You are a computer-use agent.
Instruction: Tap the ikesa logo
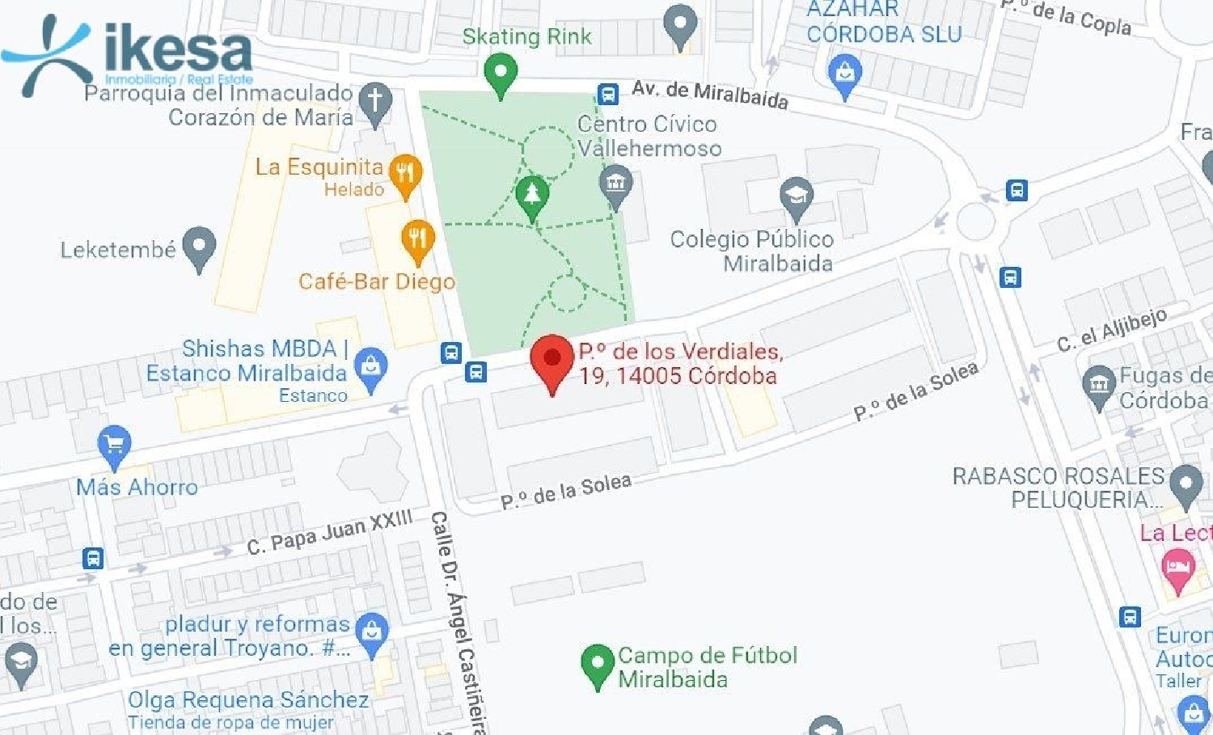pos(129,53)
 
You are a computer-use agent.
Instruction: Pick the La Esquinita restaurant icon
pos(406,174)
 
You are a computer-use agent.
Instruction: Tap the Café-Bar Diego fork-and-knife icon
pos(417,239)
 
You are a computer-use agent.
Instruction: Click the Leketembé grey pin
pos(199,246)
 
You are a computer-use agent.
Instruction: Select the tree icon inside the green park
pos(531,195)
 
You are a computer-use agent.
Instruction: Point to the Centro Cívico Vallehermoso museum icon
pos(615,183)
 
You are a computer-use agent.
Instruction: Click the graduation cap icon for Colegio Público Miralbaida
pos(796,196)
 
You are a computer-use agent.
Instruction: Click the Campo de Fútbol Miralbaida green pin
pos(597,664)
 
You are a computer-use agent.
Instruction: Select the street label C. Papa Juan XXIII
pos(330,533)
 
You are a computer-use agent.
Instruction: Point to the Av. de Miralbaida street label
pos(710,94)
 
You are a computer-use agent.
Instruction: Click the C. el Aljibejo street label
pos(1113,329)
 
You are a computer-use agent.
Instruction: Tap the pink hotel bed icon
pos(1177,566)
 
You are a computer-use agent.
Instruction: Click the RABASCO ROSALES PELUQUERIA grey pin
pos(1186,484)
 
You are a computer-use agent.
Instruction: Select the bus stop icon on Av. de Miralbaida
pos(607,94)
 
